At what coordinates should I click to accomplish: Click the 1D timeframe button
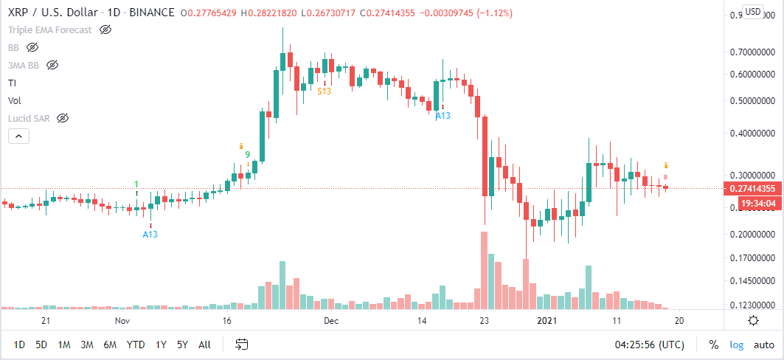point(19,345)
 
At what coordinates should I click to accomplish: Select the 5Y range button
point(181,345)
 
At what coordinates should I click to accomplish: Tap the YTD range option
point(135,345)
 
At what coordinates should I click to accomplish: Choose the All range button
point(204,345)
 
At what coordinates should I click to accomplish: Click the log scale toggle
point(737,345)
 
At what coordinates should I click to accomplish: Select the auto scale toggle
point(763,345)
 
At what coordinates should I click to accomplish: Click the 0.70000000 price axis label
point(754,53)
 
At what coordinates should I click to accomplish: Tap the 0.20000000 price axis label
point(754,235)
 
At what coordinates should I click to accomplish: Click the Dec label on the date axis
point(331,321)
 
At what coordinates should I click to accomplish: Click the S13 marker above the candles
point(324,91)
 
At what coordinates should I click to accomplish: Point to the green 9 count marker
point(249,155)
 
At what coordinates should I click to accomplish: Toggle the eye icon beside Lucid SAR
point(63,118)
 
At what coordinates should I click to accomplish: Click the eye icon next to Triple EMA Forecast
point(105,30)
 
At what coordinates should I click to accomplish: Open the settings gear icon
point(753,320)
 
